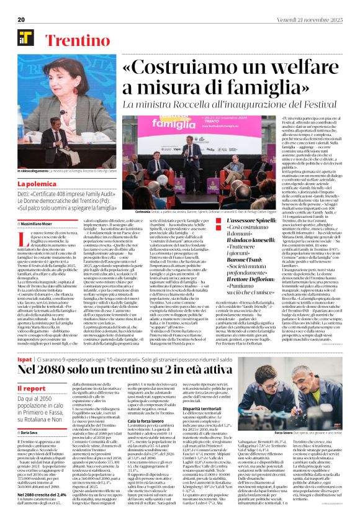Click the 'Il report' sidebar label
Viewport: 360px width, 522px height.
click(32, 389)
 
